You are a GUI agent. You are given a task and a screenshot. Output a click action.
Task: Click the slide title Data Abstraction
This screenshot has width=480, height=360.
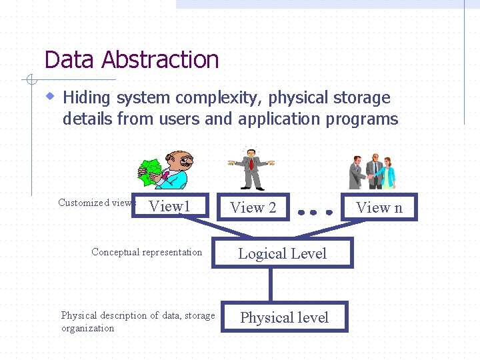click(x=131, y=60)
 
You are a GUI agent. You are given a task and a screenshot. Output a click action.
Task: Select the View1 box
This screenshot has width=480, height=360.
click(x=170, y=207)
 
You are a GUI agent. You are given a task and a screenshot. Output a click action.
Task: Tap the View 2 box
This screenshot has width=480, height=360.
click(x=253, y=208)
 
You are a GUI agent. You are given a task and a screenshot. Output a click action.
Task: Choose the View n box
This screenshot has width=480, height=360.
click(x=379, y=207)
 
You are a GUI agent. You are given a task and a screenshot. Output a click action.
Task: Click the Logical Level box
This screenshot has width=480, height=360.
click(x=282, y=253)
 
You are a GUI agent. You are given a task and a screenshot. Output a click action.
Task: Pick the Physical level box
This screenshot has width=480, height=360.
click(x=284, y=317)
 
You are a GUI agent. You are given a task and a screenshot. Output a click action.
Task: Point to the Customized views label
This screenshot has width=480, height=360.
click(x=95, y=203)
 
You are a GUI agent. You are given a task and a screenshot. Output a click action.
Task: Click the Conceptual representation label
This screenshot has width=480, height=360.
click(x=147, y=252)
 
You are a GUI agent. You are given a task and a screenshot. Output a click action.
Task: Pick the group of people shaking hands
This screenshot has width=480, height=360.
click(x=373, y=171)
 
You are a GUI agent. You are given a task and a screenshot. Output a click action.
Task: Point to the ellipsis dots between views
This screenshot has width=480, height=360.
click(x=315, y=213)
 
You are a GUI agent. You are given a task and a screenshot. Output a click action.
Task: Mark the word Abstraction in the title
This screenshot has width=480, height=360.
click(x=160, y=60)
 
